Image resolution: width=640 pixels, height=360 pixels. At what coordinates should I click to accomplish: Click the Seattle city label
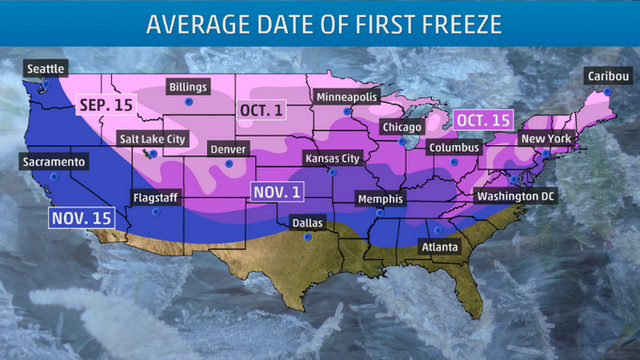click(x=46, y=68)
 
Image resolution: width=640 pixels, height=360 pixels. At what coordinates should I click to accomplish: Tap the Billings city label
click(x=187, y=88)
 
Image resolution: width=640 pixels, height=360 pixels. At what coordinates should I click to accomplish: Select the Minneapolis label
click(x=345, y=97)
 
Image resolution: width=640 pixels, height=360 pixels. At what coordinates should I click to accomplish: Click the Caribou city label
click(x=607, y=75)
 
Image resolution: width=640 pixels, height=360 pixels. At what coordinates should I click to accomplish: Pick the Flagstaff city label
click(x=154, y=198)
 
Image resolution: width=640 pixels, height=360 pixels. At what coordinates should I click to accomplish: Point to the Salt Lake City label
click(x=152, y=139)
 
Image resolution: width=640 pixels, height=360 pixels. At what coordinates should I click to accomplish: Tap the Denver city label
click(x=229, y=148)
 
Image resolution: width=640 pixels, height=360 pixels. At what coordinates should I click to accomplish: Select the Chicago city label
click(x=402, y=127)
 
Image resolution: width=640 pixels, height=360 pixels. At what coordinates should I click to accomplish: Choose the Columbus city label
click(x=454, y=148)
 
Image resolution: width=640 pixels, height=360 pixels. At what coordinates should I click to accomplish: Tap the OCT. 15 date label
click(x=483, y=119)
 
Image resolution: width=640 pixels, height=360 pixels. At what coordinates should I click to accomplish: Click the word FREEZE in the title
click(x=445, y=23)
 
